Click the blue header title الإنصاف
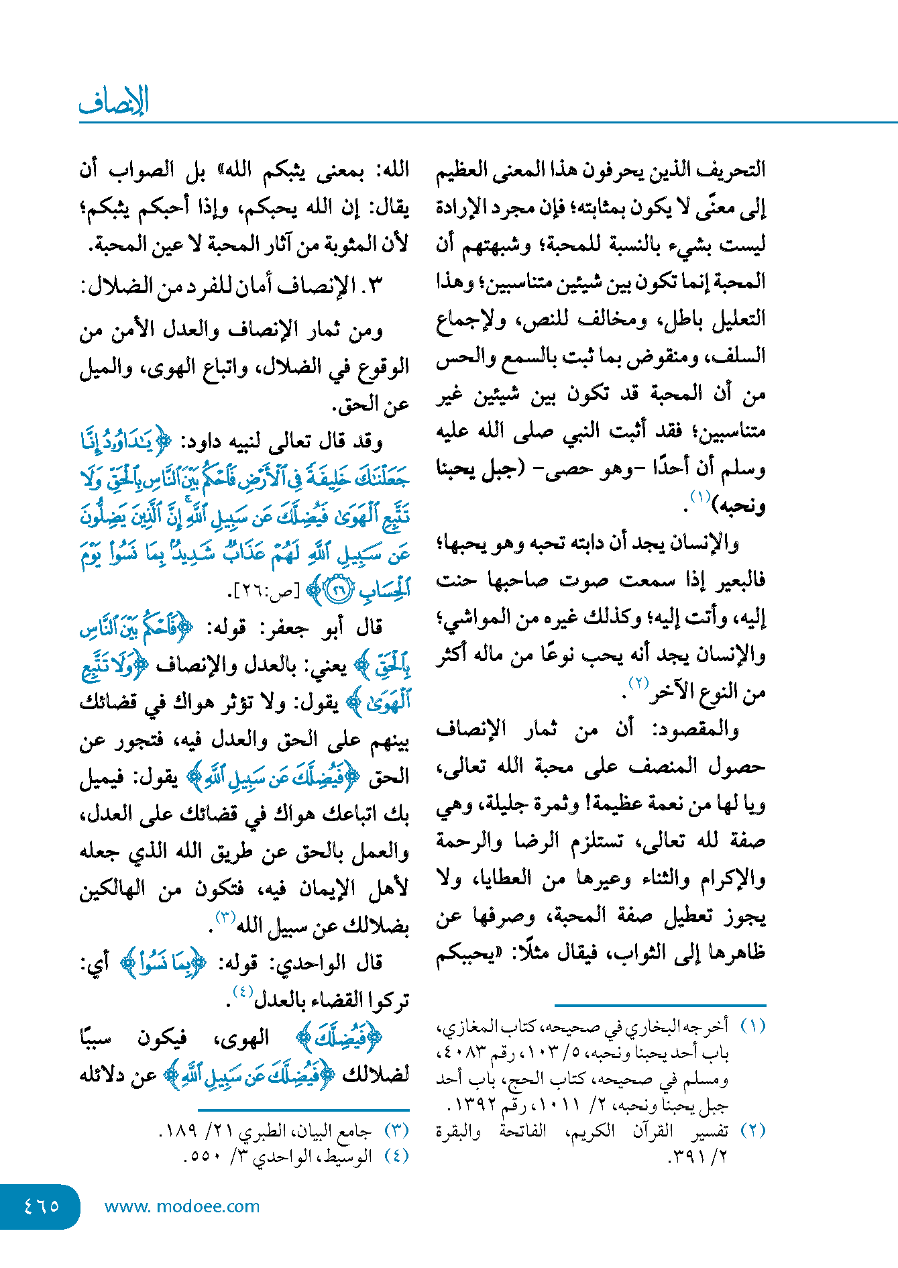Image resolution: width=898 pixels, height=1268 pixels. tap(113, 102)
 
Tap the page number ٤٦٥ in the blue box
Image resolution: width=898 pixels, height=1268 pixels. tap(41, 1206)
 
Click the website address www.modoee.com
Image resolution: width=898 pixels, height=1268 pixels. tap(182, 1206)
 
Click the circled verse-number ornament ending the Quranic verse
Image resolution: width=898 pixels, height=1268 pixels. tap(339, 590)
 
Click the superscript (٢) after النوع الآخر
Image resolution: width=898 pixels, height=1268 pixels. tap(638, 684)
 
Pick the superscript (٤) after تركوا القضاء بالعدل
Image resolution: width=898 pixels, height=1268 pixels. tap(242, 992)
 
